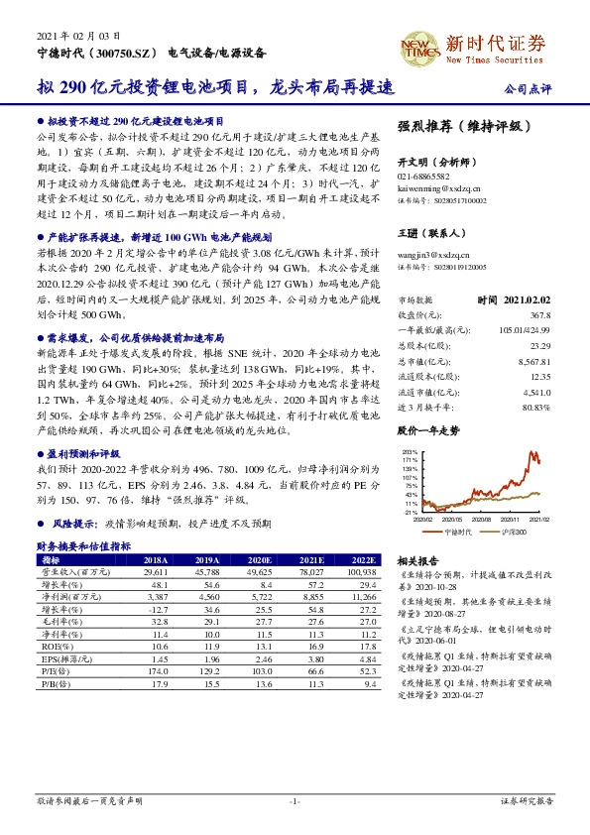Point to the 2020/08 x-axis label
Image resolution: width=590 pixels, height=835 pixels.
click(485, 519)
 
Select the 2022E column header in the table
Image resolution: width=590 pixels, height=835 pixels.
click(364, 558)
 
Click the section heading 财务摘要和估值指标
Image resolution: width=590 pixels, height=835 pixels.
click(83, 546)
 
